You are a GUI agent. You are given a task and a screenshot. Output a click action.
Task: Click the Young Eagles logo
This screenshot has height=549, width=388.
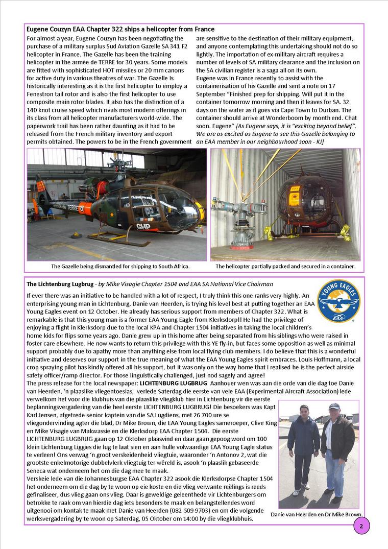tap(338, 301)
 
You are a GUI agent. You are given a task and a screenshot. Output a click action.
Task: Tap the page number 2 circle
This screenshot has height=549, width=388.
tap(361, 526)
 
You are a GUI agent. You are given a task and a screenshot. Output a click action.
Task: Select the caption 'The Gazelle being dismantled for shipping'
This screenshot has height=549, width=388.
tap(120, 266)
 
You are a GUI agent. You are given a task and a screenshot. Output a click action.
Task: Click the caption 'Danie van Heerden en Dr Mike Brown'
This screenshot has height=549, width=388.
tap(317, 514)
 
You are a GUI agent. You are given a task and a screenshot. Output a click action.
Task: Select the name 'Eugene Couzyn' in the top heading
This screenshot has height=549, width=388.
tap(49, 29)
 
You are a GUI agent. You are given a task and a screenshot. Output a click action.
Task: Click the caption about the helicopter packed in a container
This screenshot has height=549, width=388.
tap(285, 266)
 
